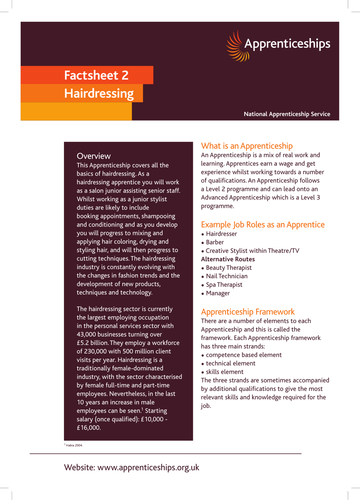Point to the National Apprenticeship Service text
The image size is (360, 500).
pos(291,117)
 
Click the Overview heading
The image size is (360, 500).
pos(94,157)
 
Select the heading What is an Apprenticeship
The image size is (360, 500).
pos(254,145)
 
